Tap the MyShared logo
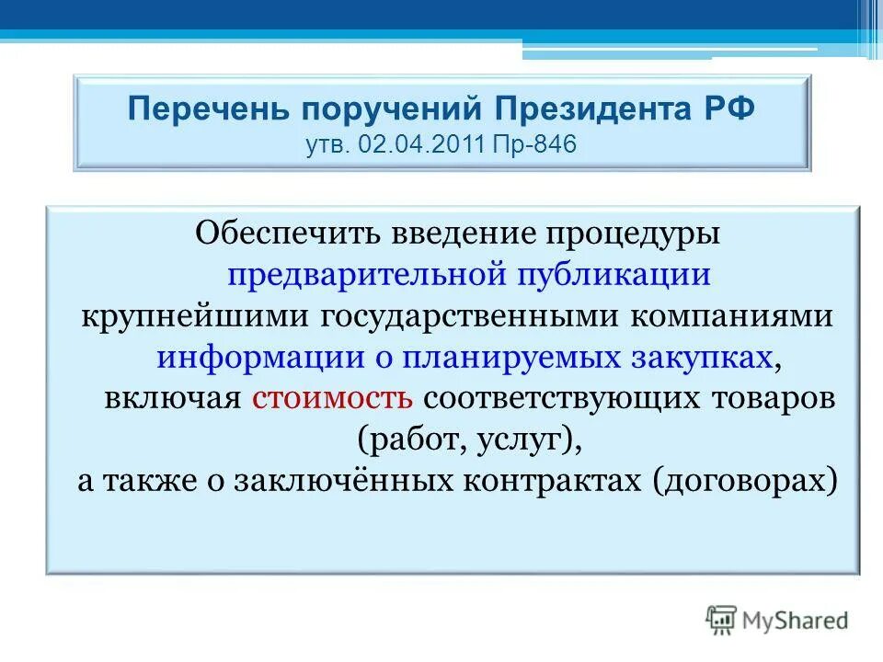click(x=778, y=621)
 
